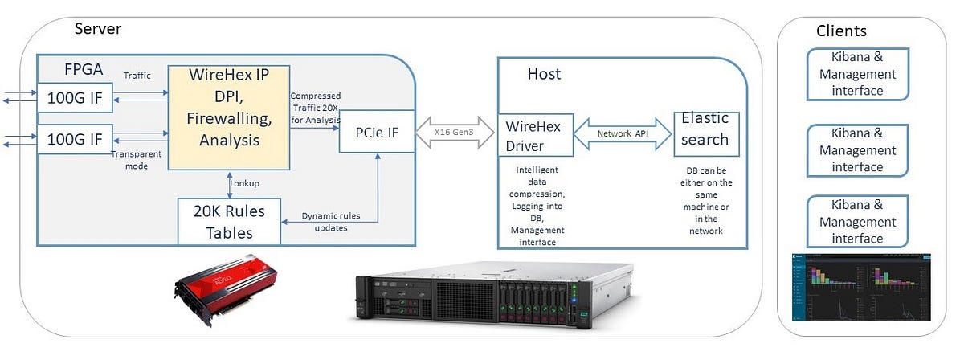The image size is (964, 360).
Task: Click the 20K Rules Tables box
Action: pyautogui.click(x=228, y=222)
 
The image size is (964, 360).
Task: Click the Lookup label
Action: pyautogui.click(x=244, y=182)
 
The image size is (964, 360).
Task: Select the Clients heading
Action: pyautogui.click(x=841, y=31)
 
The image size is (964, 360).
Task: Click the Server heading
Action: pyautogui.click(x=98, y=29)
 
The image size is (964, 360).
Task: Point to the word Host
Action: pyautogui.click(x=544, y=74)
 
